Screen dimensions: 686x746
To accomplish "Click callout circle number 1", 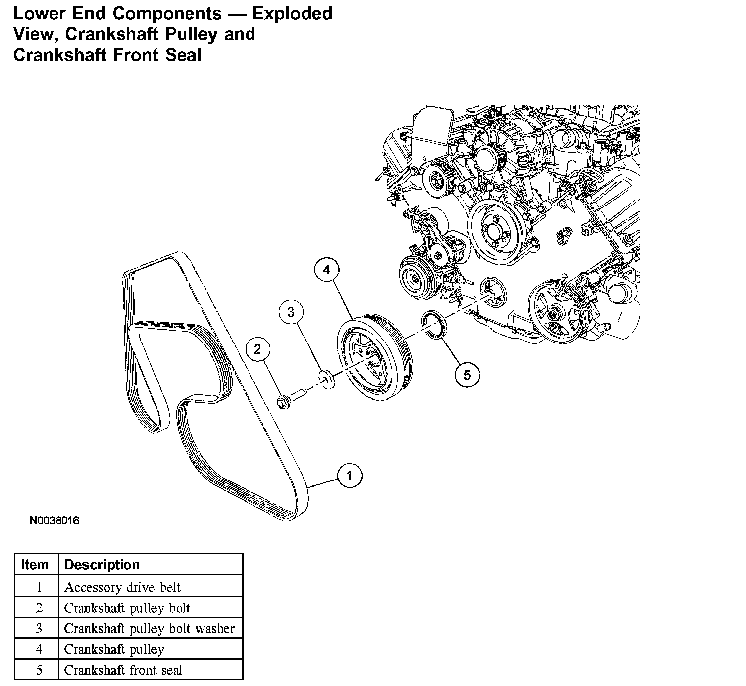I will click(350, 476).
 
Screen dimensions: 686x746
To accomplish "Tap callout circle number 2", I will click(257, 350).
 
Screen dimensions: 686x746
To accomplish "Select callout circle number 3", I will click(291, 312).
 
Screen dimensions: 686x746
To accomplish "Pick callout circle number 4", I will click(326, 270).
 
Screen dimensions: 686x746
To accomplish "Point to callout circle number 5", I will click(467, 375).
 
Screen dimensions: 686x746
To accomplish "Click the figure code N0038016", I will click(55, 521).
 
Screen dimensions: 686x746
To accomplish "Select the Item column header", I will click(35, 565).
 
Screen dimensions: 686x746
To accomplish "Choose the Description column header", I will click(102, 565).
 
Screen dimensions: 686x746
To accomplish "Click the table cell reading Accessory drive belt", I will click(123, 587).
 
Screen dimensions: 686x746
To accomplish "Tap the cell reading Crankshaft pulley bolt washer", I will click(149, 628).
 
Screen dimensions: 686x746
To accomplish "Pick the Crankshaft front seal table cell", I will click(124, 670).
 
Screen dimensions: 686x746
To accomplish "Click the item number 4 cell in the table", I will click(39, 649).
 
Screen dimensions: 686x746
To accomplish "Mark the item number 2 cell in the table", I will click(39, 608).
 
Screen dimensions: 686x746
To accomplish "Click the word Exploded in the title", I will click(292, 13).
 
